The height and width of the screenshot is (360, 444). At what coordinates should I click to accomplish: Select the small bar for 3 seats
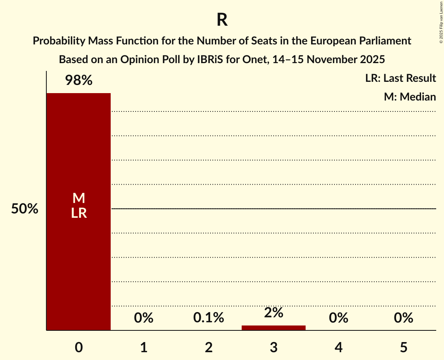coord(274,328)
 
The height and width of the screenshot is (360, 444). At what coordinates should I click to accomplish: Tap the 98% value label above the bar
coord(78,81)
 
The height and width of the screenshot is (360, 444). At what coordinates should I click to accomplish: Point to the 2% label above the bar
coord(274,312)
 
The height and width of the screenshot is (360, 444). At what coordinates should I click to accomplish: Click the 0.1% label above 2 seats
coord(209,318)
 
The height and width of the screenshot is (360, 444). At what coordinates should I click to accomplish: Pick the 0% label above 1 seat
coord(143,318)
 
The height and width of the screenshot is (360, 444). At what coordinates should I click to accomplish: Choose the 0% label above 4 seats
coord(338,318)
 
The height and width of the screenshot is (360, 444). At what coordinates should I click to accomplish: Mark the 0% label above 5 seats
coord(403,318)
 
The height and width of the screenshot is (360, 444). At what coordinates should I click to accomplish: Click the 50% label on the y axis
coord(25,209)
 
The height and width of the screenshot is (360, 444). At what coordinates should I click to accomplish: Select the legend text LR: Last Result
coord(400,78)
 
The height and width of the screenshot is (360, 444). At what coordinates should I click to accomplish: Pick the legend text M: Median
coord(410,97)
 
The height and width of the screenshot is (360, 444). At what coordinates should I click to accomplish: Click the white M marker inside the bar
coord(78,198)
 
